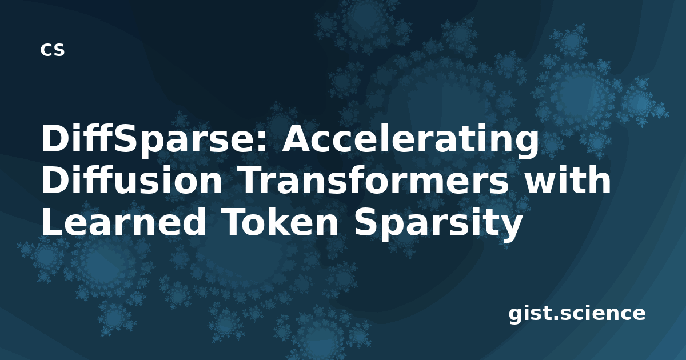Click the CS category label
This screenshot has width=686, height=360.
click(53, 50)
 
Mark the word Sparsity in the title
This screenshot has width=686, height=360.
click(438, 223)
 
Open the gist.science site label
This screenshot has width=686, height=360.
click(577, 314)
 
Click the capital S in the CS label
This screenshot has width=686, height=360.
click(58, 50)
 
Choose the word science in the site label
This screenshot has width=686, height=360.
click(603, 313)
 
